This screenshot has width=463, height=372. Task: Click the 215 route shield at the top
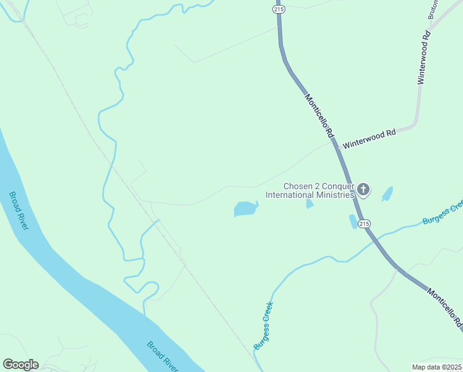pyautogui.click(x=279, y=10)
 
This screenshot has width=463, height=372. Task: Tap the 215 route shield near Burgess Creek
pyautogui.click(x=364, y=223)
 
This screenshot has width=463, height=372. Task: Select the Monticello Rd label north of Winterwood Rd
pyautogui.click(x=319, y=116)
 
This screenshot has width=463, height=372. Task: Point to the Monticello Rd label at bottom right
pyautogui.click(x=446, y=309)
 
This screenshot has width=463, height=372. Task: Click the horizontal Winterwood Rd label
pyautogui.click(x=369, y=138)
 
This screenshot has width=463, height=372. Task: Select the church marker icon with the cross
pyautogui.click(x=363, y=189)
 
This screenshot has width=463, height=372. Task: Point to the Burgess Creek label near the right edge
pyautogui.click(x=442, y=213)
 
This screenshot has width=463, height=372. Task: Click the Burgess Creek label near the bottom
pyautogui.click(x=264, y=324)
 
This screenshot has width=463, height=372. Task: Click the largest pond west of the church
pyautogui.click(x=245, y=209)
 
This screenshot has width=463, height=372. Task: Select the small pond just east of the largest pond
pyautogui.click(x=309, y=203)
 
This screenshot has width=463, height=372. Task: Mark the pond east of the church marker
pyautogui.click(x=387, y=194)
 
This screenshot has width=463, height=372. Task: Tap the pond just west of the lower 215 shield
pyautogui.click(x=352, y=221)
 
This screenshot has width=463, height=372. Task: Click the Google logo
pyautogui.click(x=20, y=365)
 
